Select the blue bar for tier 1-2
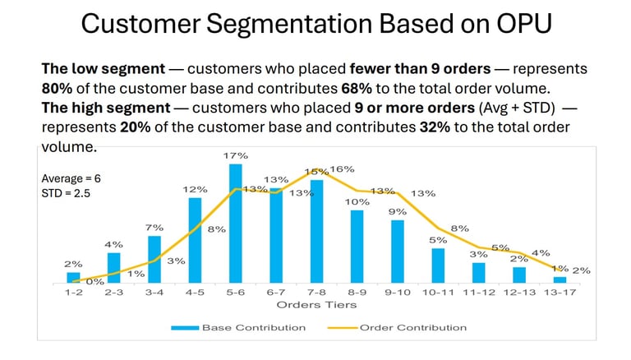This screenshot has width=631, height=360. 74,277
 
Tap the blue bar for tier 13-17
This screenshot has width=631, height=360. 560,279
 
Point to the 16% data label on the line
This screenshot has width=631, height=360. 343,169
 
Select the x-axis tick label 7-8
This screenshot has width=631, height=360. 316,293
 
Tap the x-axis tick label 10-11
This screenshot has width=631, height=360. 438,293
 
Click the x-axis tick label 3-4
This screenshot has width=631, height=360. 154,293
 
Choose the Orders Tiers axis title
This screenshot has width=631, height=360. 316,305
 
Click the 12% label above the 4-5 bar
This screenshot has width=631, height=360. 195,189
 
